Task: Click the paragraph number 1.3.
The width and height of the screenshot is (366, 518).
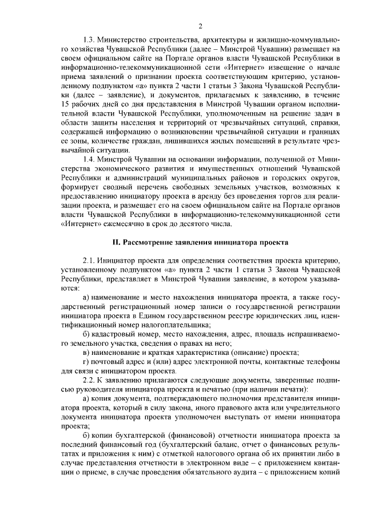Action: point(90,41)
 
